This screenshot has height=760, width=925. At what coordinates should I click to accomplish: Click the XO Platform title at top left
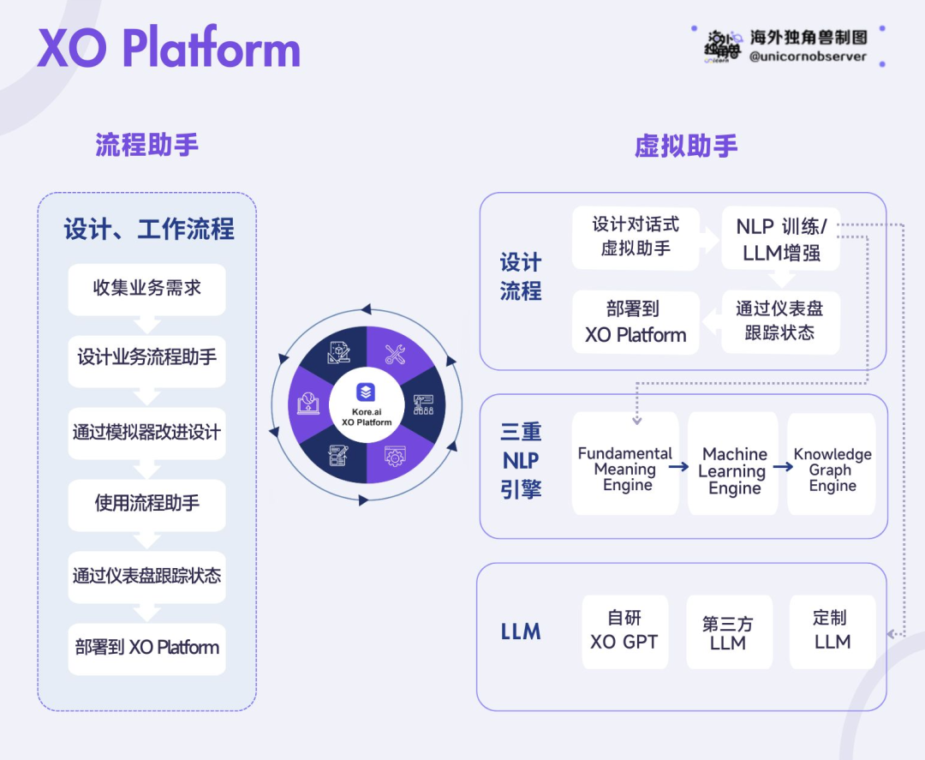(169, 47)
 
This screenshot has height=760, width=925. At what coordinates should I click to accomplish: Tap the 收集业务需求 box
(147, 289)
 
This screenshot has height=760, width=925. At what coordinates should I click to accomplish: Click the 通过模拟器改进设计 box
(147, 433)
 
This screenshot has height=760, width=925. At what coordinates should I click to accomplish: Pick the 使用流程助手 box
(147, 505)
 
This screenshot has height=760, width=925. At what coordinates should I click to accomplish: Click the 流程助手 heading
(147, 145)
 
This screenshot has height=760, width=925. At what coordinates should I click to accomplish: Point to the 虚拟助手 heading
(686, 146)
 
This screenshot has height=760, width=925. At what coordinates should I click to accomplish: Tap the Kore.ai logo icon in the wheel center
(366, 392)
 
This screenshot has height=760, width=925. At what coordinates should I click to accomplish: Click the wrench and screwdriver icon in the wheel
(395, 354)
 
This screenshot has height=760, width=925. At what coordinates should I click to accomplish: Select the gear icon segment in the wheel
(395, 456)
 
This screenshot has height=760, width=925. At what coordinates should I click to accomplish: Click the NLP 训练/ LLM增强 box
(781, 239)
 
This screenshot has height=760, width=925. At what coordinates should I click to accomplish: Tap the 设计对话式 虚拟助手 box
(636, 238)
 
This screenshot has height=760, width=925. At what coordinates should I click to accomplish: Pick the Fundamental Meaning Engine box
(625, 464)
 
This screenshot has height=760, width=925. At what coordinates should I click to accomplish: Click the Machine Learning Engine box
(733, 464)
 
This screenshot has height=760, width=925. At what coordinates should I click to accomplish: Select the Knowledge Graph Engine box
(832, 464)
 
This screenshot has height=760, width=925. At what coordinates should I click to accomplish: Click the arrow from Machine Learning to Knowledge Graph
(783, 467)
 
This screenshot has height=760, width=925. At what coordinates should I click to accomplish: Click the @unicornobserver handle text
(808, 57)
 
